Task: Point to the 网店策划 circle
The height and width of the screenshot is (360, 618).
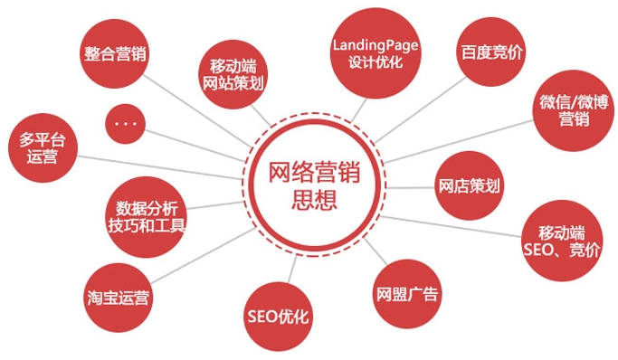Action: point(469,187)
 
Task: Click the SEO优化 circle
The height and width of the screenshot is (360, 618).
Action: point(278,316)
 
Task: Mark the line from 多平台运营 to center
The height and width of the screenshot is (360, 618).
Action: point(163,165)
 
